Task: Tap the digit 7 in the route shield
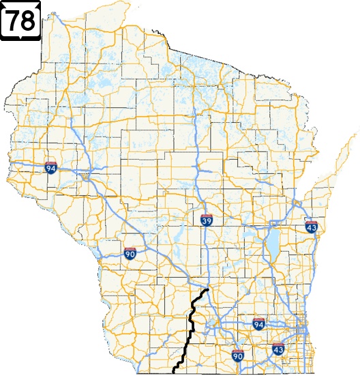coord(14,20)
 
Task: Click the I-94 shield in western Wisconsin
coord(51,167)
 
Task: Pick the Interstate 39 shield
coord(207,220)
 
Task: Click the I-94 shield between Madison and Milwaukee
coord(258,323)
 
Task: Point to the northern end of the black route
coord(206,290)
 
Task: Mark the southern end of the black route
coord(174,373)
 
